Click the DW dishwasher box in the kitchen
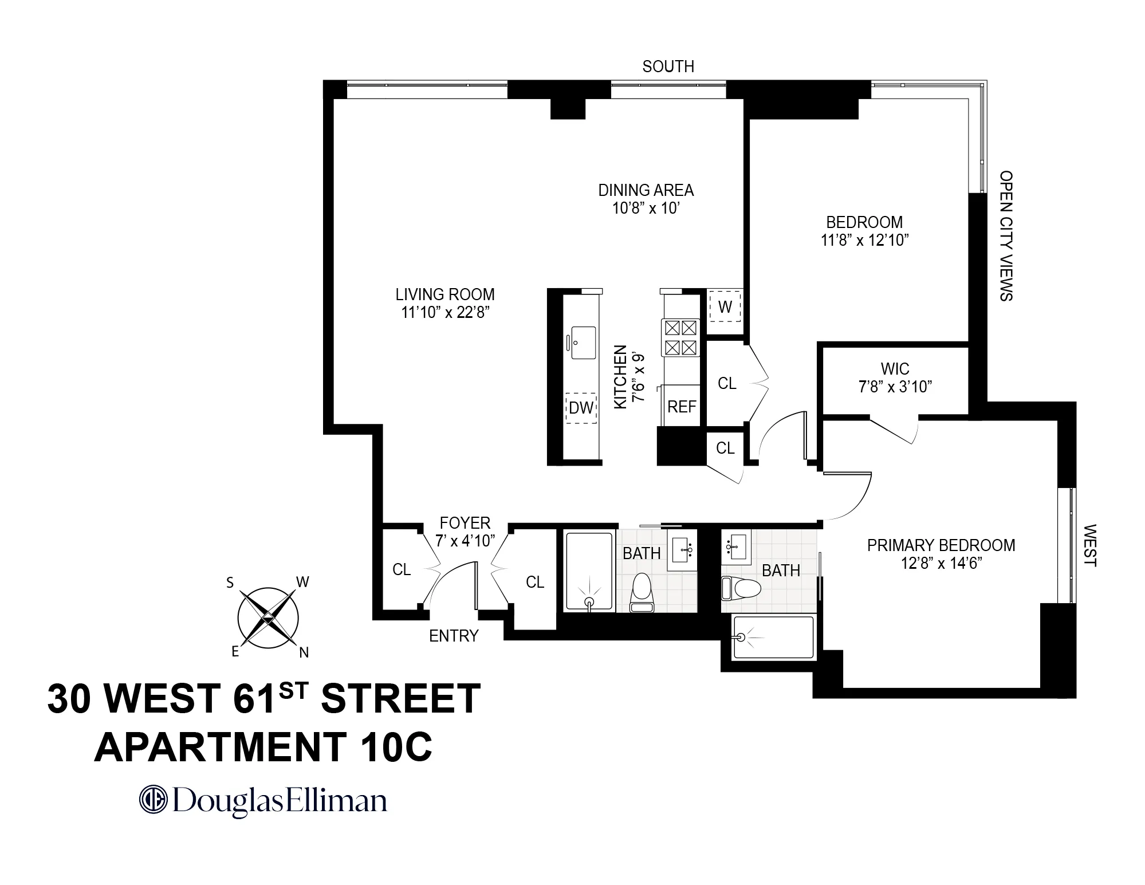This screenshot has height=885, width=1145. coord(581,408)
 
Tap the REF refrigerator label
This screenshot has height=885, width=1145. coord(682,407)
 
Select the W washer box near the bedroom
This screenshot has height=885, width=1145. coord(725,307)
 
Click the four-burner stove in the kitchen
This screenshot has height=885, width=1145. coord(681,337)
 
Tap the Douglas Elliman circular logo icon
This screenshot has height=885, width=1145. coord(153,800)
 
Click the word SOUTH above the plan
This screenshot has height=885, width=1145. coord(668,67)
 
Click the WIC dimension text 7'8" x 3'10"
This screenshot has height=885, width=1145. coord(895,387)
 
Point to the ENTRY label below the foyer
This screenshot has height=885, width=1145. coord(454,636)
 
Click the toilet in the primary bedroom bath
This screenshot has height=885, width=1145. coord(741,587)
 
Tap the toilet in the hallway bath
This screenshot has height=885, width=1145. coord(641,593)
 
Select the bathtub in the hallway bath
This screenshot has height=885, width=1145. coord(589,572)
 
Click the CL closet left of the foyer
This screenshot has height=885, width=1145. coord(402,569)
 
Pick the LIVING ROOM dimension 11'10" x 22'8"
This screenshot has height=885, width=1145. coord(445,313)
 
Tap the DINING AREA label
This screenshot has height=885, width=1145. coord(646,190)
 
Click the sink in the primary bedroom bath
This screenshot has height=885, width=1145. coord(737,547)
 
